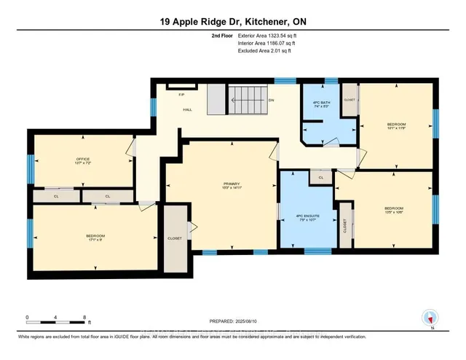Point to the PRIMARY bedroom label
232,183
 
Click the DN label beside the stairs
271,100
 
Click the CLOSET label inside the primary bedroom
175,237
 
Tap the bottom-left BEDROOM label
95,235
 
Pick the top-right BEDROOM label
396,125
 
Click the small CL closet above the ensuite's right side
320,176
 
